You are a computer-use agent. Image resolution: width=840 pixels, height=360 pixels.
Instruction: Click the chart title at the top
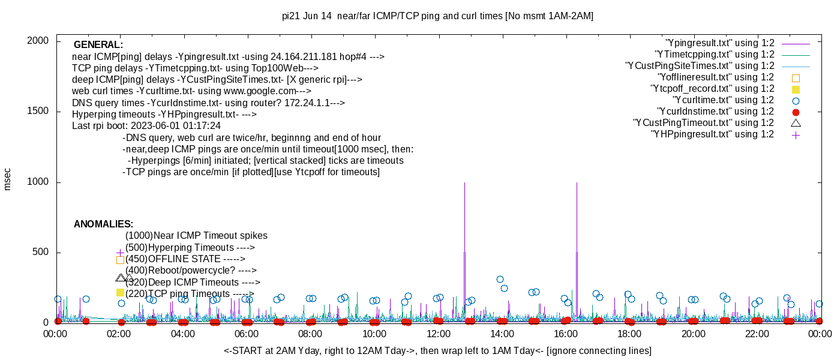click(x=437, y=16)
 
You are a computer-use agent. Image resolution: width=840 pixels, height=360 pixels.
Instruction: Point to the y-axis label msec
click(x=7, y=179)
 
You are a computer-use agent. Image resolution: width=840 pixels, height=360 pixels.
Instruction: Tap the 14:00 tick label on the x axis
click(x=502, y=334)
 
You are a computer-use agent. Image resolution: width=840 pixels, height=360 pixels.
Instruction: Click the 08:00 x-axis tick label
click(x=311, y=334)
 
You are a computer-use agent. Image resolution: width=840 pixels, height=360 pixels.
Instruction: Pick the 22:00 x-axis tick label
click(x=757, y=334)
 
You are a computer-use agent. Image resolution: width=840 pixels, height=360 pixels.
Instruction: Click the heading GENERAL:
click(x=98, y=45)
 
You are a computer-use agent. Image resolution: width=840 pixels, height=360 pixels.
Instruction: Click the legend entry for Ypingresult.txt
click(x=719, y=43)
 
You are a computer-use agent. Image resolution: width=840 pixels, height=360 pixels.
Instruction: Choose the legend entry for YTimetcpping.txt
click(x=714, y=55)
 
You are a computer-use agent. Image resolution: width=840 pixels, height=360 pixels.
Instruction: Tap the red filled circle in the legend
click(x=796, y=112)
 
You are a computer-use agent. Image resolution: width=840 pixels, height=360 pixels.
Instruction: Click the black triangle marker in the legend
click(x=796, y=123)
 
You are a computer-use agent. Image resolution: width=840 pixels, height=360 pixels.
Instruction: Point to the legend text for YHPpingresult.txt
click(x=712, y=134)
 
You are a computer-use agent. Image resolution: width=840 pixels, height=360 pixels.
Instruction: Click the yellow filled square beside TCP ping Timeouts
click(x=120, y=292)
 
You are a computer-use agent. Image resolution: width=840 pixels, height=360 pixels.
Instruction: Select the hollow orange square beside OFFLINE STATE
click(x=120, y=260)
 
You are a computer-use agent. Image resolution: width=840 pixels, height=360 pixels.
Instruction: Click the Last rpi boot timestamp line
click(x=146, y=126)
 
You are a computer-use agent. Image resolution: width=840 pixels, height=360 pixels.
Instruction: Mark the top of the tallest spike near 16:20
click(x=577, y=183)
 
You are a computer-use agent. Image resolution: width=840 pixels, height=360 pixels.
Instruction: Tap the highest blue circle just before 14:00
click(x=500, y=279)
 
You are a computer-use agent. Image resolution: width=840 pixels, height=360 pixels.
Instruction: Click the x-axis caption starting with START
click(x=437, y=350)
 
